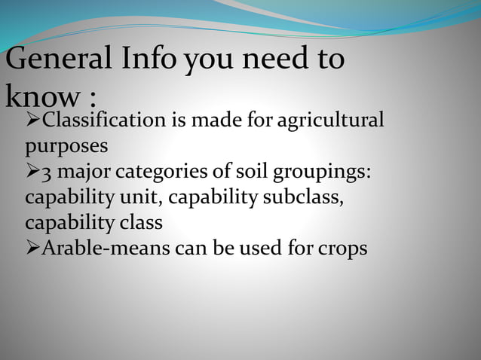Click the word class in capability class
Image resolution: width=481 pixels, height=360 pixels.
click(140, 224)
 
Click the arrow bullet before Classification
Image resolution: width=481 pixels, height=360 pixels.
click(32, 120)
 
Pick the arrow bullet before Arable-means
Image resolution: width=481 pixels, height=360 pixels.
click(32, 249)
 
